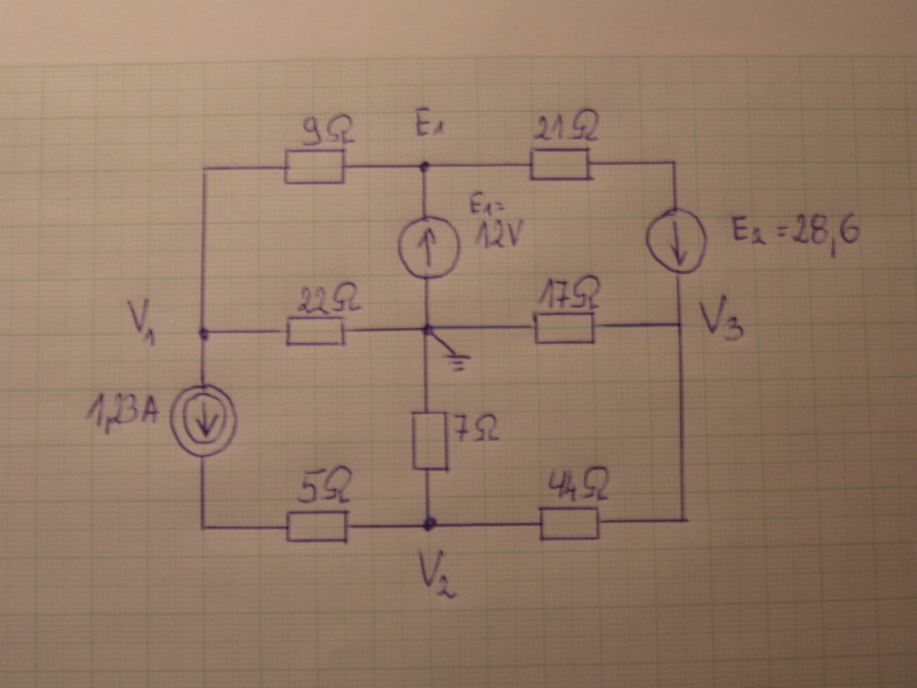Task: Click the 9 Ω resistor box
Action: pos(314,167)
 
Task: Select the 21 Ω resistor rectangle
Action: pos(561,164)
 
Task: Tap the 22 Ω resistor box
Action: pos(315,331)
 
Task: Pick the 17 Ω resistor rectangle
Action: pos(564,328)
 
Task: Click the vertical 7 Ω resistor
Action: pos(430,441)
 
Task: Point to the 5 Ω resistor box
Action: pos(317,527)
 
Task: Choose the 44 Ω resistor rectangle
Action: pos(569,523)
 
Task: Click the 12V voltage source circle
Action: pos(429,247)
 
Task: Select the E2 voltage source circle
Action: pos(677,239)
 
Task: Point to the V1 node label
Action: pos(141,322)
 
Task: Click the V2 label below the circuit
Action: pos(437,577)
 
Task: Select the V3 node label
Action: pos(722,318)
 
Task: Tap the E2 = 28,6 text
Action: pos(796,233)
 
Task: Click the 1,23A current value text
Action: pos(122,412)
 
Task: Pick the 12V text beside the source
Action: pos(498,236)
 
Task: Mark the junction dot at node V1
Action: pos(203,334)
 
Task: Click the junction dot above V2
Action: pos(430,523)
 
